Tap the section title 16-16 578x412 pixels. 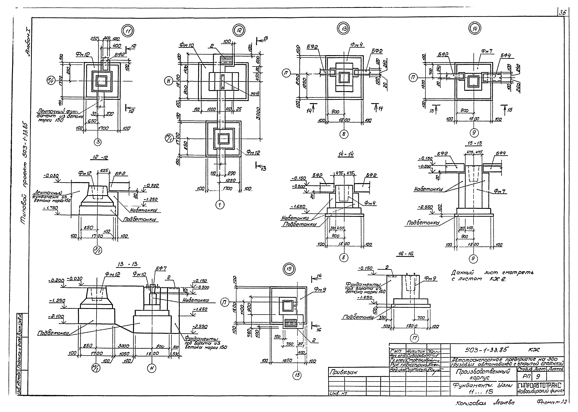tap(405, 254)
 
